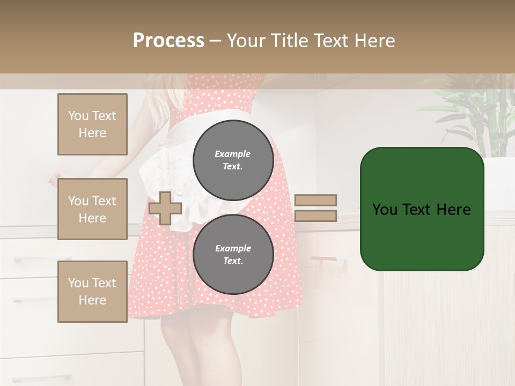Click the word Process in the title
tap(168, 41)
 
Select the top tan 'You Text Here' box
tap(92, 124)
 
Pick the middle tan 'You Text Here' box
tap(92, 209)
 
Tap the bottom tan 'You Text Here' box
tap(92, 291)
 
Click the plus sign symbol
tap(165, 208)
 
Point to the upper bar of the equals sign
tap(316, 200)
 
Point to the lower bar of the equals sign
tap(316, 216)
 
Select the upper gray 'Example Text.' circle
tap(233, 160)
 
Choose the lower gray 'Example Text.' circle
tap(233, 254)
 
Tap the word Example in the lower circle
tap(233, 248)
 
